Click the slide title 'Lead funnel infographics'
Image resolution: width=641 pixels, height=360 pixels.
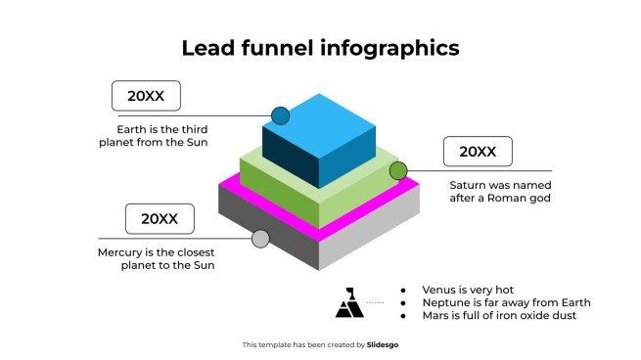(320, 47)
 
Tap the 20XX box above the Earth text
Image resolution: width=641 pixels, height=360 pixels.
(146, 96)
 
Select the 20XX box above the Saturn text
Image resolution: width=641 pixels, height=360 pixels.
(478, 152)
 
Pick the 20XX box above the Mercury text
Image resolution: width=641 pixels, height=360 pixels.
(160, 219)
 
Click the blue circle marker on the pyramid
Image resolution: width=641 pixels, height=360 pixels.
(281, 115)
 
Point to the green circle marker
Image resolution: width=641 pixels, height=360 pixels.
(398, 171)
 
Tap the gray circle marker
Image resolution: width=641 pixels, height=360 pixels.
(260, 239)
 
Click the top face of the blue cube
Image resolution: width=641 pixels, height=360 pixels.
(319, 115)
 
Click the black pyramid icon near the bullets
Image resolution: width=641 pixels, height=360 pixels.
(348, 303)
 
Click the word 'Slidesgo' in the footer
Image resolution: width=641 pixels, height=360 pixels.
(383, 344)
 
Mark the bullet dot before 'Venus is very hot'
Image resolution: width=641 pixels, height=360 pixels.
(403, 290)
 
